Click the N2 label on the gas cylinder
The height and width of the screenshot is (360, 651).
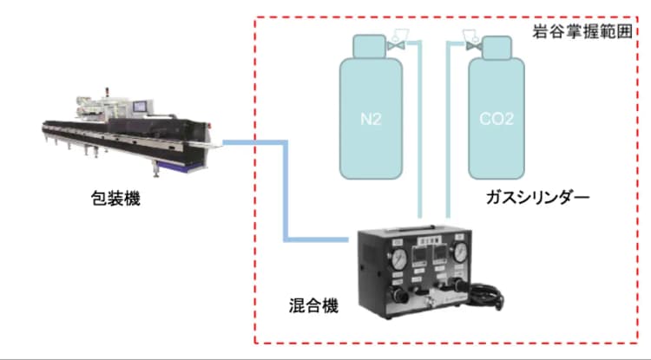371,119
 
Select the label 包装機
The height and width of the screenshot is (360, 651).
115,199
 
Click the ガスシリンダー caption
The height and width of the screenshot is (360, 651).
538,199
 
